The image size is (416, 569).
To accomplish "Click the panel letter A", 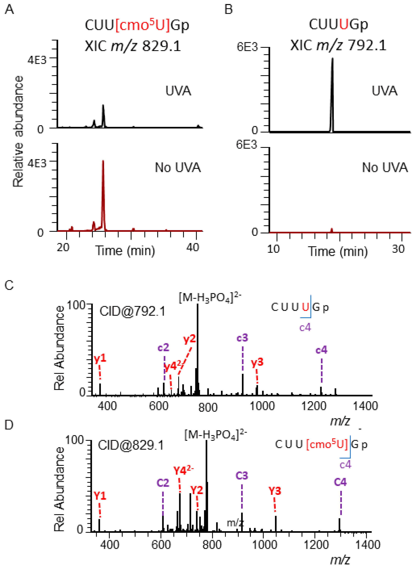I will (x=9, y=10).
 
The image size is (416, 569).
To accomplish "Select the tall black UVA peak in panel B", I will (x=332, y=93).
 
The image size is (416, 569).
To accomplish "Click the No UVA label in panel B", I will (x=384, y=167).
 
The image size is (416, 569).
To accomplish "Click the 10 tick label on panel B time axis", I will (x=273, y=249).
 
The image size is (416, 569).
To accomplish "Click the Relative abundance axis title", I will (x=18, y=131).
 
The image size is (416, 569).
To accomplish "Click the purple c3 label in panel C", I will (x=242, y=338).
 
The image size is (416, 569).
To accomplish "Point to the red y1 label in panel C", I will (x=100, y=358).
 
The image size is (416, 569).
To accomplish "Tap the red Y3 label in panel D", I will (x=275, y=491).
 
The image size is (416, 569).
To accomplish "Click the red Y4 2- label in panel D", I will (x=183, y=470).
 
